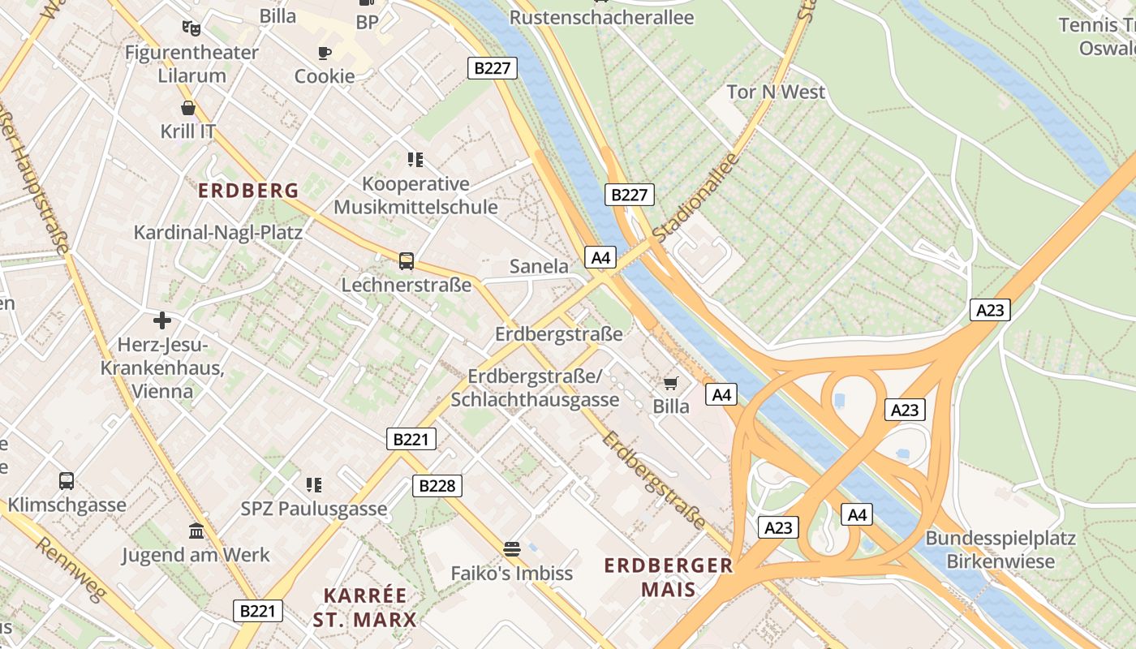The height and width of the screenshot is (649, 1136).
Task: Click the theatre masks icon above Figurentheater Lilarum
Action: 191,28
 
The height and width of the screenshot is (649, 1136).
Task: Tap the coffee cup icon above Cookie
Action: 325,54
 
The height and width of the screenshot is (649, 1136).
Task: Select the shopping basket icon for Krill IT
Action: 188,107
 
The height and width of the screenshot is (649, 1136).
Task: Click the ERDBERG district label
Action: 249,191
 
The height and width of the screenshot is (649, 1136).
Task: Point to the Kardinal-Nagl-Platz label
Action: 217,233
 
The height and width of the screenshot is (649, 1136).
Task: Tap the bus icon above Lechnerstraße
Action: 407,261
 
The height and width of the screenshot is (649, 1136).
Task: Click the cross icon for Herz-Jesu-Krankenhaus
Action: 162,320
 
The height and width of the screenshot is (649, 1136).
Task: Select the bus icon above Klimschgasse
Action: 67,480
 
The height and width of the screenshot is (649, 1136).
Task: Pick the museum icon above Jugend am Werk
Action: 196,531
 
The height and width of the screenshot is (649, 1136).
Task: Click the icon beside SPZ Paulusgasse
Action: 314,485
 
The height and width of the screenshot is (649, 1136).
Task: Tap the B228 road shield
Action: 437,486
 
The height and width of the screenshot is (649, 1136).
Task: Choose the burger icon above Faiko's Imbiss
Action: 511,549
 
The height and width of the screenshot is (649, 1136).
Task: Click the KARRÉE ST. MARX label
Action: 365,608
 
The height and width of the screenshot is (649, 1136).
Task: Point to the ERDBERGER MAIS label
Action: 669,577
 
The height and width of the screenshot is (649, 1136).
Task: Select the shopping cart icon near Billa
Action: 671,383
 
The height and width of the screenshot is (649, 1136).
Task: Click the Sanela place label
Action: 539,266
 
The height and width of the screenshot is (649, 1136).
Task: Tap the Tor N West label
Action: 776,92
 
